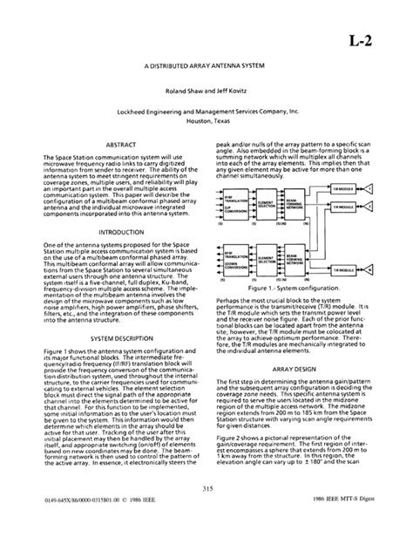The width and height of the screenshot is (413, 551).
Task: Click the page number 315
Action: click(x=207, y=512)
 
